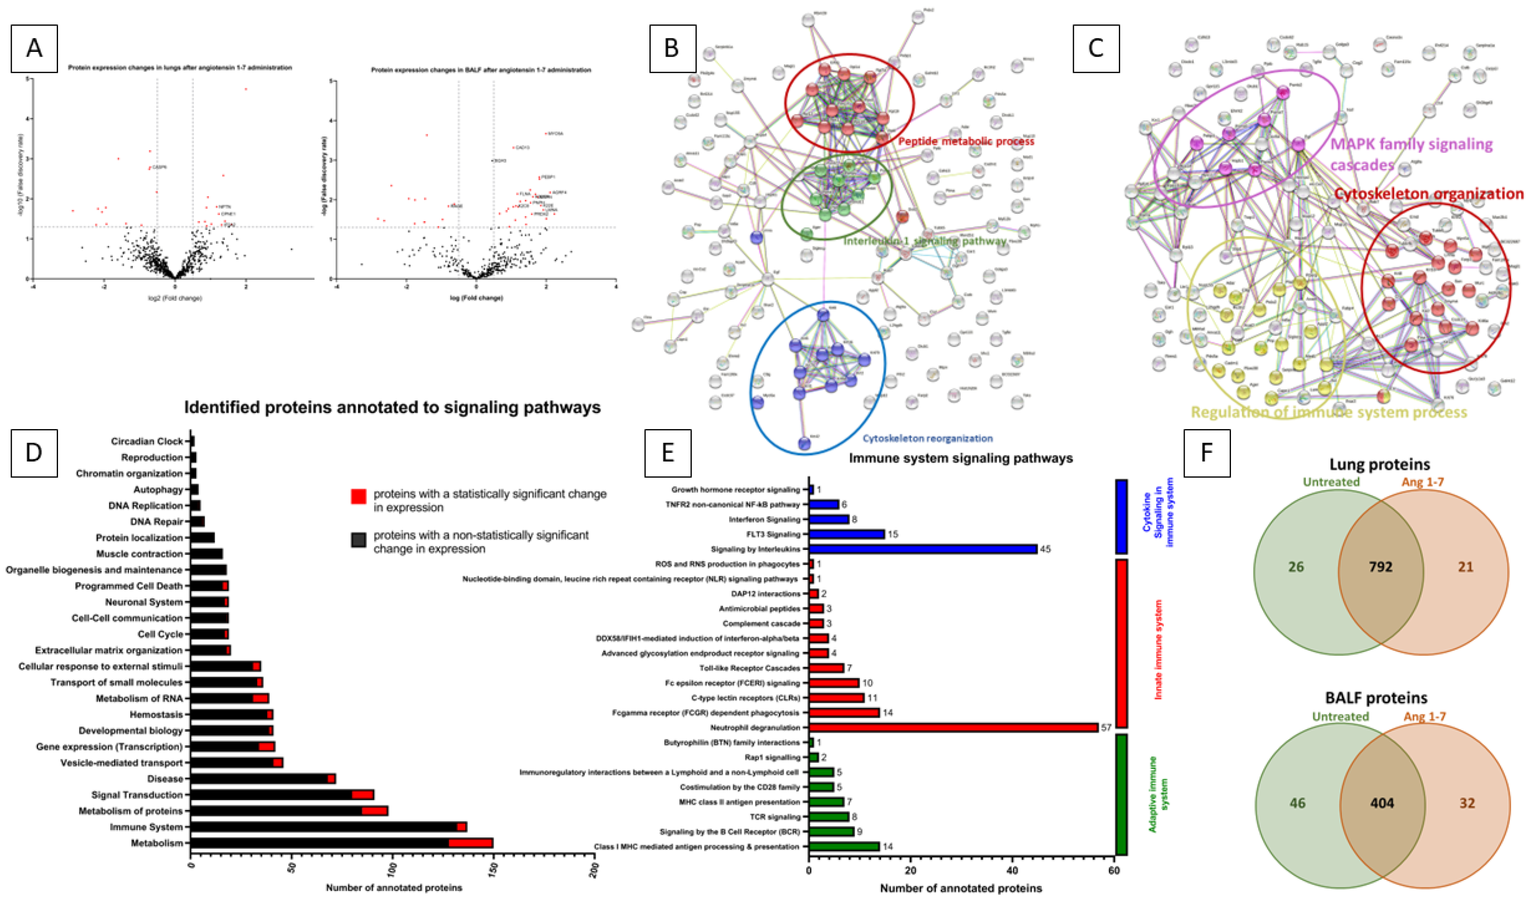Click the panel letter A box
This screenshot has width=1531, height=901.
(x=34, y=48)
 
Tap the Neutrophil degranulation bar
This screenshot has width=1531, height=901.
(x=953, y=727)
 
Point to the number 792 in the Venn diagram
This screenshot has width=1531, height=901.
(x=1380, y=567)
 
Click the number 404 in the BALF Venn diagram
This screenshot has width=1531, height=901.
(x=1382, y=803)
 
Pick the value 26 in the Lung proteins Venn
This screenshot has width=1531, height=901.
(x=1296, y=567)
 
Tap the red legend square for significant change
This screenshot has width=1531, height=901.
(x=359, y=496)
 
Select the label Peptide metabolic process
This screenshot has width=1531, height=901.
(x=966, y=142)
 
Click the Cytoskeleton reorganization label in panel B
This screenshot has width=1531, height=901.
(x=928, y=438)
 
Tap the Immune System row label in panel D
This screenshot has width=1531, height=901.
(x=146, y=827)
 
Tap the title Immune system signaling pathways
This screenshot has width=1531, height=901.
(x=960, y=458)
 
